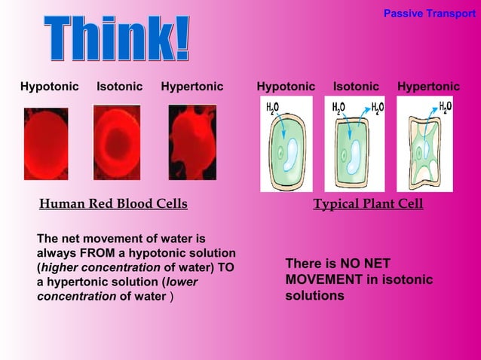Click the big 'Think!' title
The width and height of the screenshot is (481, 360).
[x=116, y=40]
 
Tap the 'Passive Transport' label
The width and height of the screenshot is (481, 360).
[x=430, y=14]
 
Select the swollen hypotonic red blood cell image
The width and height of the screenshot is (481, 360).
[x=46, y=143]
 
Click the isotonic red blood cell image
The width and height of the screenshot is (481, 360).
[x=117, y=142]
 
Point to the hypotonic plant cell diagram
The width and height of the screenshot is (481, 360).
[x=286, y=144]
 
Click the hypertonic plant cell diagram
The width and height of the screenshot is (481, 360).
[x=424, y=144]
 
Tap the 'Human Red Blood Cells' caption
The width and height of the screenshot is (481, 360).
[x=113, y=204]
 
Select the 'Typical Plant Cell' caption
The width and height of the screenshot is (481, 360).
[x=368, y=204]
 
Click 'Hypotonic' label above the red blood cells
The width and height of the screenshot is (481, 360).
[x=49, y=87]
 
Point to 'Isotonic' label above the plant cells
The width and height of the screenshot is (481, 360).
[x=356, y=87]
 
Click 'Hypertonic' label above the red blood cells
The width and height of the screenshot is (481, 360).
[x=192, y=87]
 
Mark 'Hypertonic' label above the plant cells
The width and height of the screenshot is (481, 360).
[x=428, y=87]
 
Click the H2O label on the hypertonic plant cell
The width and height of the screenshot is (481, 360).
[x=446, y=107]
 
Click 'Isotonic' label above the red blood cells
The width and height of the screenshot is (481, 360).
[x=119, y=87]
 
